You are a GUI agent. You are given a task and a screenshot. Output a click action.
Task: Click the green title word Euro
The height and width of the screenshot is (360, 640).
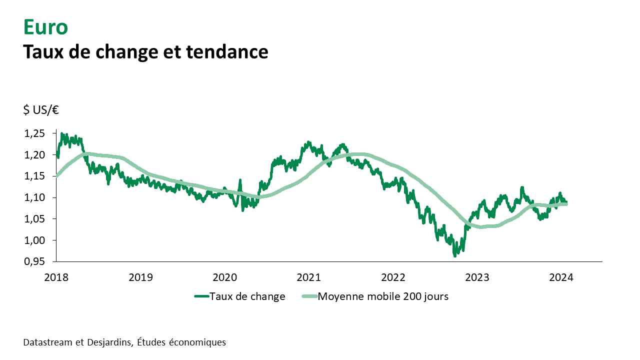pos(45,27)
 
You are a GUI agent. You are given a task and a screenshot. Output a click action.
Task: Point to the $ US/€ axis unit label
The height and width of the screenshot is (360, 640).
pos(41,110)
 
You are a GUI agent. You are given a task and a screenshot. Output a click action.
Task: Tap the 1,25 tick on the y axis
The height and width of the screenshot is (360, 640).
pos(34,133)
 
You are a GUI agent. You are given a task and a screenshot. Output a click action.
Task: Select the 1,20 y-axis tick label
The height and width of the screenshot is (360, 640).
pos(34,155)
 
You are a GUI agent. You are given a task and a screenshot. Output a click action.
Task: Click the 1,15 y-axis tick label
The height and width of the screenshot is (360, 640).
pos(34,176)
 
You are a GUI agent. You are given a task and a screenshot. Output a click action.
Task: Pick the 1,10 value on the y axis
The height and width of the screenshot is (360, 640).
pos(34,198)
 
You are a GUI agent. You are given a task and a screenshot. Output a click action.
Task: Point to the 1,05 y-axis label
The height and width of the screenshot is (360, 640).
pos(34,219)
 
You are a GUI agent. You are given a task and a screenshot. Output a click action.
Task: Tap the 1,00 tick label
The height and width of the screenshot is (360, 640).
pos(34,240)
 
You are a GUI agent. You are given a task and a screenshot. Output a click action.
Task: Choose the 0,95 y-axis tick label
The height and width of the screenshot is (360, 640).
pos(34,262)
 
